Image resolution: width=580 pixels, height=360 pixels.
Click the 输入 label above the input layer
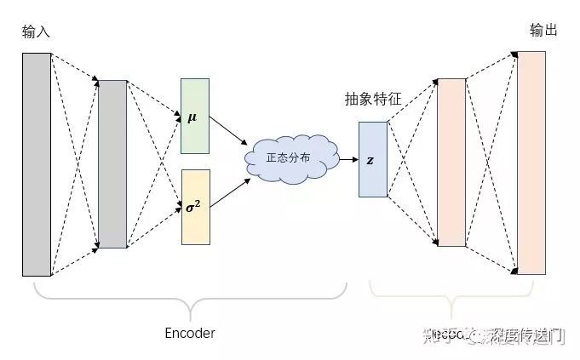pyautogui.click(x=37, y=32)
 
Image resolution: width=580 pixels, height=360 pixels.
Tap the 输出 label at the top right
pyautogui.click(x=543, y=31)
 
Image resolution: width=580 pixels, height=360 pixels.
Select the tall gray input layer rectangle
pyautogui.click(x=37, y=164)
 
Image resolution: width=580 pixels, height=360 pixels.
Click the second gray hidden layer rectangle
pyautogui.click(x=112, y=163)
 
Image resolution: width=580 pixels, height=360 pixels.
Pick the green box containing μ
pyautogui.click(x=194, y=116)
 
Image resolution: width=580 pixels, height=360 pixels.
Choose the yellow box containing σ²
pyautogui.click(x=194, y=207)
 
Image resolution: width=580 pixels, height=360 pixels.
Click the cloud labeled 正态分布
pyautogui.click(x=287, y=157)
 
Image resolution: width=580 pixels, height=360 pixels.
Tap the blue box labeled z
pyautogui.click(x=372, y=159)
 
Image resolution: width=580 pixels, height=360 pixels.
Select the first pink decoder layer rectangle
pyautogui.click(x=451, y=163)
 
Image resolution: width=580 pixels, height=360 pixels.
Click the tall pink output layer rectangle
pyautogui.click(x=531, y=163)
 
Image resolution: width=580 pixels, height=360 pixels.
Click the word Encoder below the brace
pyautogui.click(x=189, y=333)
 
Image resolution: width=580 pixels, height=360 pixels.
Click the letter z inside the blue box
pyautogui.click(x=370, y=160)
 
